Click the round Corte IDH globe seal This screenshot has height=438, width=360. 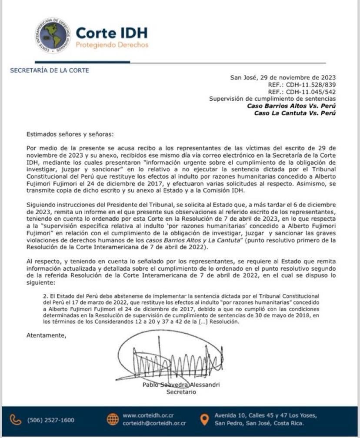[53, 36]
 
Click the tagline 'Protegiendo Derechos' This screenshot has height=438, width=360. [112, 45]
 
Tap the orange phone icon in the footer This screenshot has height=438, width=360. [16, 420]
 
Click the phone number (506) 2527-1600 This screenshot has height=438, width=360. [50, 420]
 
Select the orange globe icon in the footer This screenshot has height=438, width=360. [113, 419]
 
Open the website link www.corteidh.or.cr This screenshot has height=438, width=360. [148, 415]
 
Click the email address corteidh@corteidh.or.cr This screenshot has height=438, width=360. [154, 423]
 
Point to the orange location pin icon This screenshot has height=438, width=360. [204, 419]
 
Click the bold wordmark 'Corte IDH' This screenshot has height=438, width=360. [112, 33]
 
